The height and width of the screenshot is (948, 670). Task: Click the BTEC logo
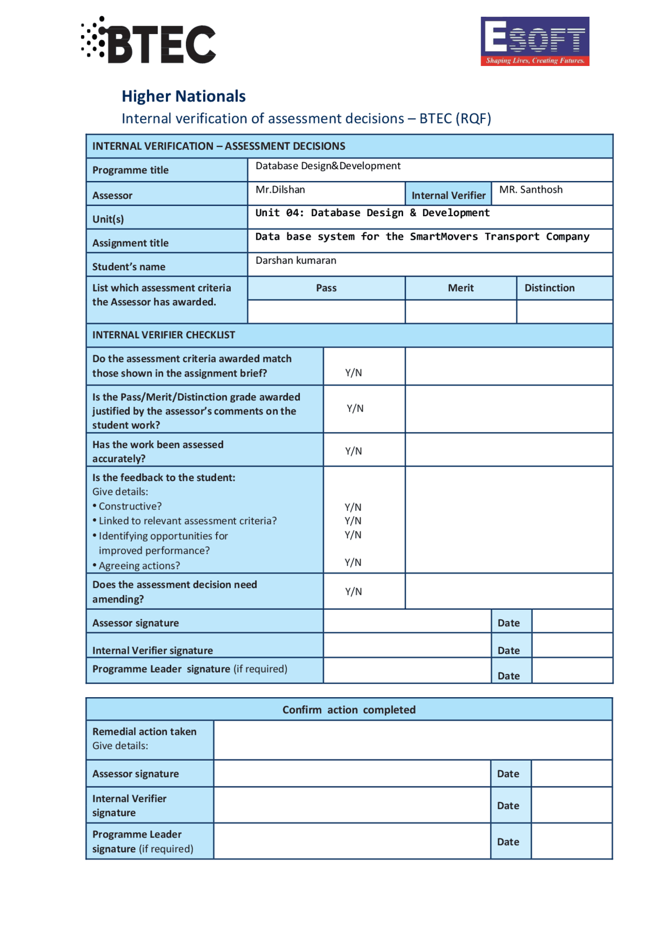coord(149,41)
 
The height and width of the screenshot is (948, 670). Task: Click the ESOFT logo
coord(534,41)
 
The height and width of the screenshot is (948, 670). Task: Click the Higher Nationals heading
coord(183,96)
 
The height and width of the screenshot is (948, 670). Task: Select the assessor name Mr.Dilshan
coord(280,190)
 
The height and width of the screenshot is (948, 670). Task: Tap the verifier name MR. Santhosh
coord(530,190)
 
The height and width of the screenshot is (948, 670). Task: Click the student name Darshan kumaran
coord(296,261)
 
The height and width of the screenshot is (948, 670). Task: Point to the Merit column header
coord(460,288)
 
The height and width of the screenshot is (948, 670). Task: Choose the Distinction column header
coord(549,288)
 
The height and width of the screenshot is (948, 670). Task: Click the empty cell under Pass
coord(326,312)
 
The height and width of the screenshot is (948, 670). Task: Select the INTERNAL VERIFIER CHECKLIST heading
coord(163,335)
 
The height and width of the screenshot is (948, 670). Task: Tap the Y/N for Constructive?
coord(353,507)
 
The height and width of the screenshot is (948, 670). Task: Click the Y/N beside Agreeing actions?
coord(353,562)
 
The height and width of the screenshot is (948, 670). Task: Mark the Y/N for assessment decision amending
coord(353,592)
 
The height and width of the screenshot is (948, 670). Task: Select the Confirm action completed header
coord(349,710)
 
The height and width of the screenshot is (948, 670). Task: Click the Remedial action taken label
coord(144,732)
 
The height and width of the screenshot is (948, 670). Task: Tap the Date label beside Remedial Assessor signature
coord(508,774)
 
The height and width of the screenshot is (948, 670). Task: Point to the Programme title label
coord(130,170)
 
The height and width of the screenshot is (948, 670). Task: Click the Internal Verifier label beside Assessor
coord(448,195)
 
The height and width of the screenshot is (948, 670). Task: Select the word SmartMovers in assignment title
coord(443,237)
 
